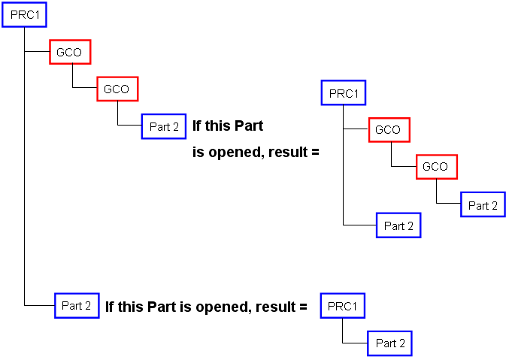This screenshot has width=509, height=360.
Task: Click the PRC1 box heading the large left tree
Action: click(x=25, y=15)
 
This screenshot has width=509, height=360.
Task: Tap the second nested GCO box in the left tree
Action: click(x=117, y=89)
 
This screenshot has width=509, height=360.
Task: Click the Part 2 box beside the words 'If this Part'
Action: click(x=163, y=126)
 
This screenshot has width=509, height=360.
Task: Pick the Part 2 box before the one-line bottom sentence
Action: click(x=77, y=306)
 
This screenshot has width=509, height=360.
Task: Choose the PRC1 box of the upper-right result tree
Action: click(x=343, y=93)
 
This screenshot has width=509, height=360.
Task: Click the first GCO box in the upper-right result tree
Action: click(x=389, y=129)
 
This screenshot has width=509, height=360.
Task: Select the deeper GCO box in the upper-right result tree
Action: click(x=436, y=166)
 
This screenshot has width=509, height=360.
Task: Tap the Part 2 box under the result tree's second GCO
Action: click(x=483, y=205)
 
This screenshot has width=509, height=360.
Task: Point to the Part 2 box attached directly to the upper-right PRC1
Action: click(x=398, y=225)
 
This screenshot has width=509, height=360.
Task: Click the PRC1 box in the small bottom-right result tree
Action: click(x=343, y=306)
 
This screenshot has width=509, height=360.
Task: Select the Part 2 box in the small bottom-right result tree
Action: click(x=389, y=343)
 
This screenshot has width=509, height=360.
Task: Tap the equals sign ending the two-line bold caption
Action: click(x=315, y=153)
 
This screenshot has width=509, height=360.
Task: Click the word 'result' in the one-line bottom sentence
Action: click(x=276, y=307)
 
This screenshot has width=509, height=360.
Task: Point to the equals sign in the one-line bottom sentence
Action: click(x=303, y=307)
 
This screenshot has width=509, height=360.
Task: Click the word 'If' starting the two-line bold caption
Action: click(x=198, y=126)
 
